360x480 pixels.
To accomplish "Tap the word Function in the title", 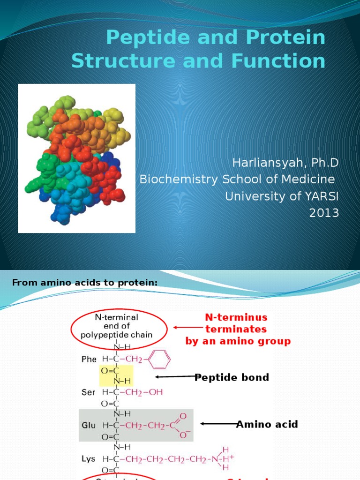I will click(282, 61).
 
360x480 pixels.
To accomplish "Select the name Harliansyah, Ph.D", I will click(285, 163).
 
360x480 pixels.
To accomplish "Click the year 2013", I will click(324, 213).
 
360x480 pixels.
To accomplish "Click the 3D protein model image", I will click(76, 158).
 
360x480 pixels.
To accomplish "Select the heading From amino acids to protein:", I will click(85, 282).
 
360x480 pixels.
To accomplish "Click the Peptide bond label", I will click(232, 377).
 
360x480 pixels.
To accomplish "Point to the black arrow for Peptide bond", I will click(175, 376).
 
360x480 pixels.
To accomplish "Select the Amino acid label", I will click(267, 424).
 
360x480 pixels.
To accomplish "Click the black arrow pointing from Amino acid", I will click(218, 424).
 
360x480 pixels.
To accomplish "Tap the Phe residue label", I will click(89, 359).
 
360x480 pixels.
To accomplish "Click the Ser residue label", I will click(89, 392).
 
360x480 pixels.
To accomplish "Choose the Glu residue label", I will click(89, 425).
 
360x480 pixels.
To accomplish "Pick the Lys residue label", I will click(89, 457).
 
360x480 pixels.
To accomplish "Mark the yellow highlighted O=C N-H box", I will click(116, 375).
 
